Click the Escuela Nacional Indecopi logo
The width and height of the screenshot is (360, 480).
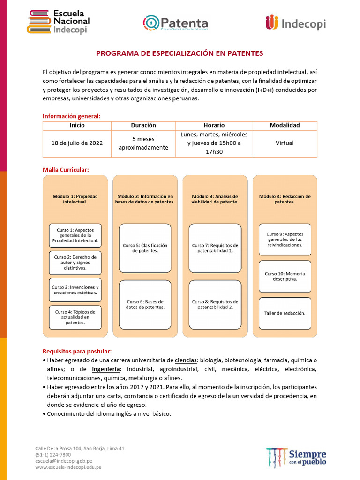point(58,22)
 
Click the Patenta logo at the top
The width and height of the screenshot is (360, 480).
point(175,23)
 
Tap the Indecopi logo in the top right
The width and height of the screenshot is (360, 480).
point(295,23)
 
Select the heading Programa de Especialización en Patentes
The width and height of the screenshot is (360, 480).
point(180,53)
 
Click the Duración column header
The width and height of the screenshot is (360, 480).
point(143,125)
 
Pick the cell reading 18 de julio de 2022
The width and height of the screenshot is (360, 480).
point(77,143)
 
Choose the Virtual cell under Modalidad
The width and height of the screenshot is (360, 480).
point(285,143)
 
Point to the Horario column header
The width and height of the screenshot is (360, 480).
point(214,125)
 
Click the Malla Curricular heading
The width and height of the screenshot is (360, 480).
point(66,169)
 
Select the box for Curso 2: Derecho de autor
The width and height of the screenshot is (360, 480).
point(75,262)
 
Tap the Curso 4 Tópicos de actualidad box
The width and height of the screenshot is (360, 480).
point(75,317)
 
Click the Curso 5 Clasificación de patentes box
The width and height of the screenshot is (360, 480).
point(145,247)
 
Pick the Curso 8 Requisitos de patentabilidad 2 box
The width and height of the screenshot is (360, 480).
point(215,304)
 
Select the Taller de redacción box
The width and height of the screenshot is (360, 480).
point(285,313)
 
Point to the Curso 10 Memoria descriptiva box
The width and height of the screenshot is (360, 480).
point(285,276)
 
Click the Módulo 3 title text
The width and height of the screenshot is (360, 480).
point(215,199)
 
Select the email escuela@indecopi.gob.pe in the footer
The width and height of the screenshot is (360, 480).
point(64,461)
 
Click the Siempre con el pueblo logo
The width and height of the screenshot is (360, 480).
point(296,457)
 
